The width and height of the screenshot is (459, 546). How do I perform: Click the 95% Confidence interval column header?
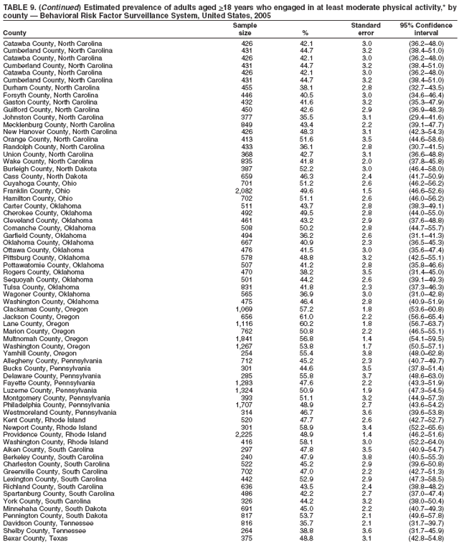pyautogui.click(x=426, y=29)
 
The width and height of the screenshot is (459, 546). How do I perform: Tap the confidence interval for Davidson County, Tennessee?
pyautogui.click(x=426, y=523)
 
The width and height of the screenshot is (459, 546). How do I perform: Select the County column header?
pyautogui.click(x=14, y=33)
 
